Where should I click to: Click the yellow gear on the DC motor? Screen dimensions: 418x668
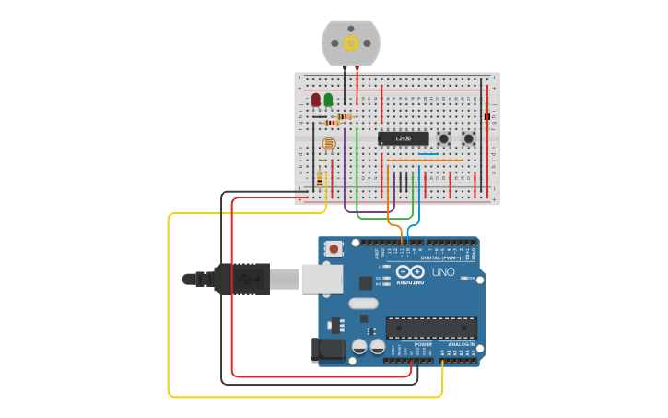pos(350,42)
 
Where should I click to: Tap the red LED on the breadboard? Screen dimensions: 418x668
pos(316,99)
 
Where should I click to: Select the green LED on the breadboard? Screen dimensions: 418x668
pos(328,99)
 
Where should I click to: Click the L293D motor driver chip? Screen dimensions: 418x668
pos(403,138)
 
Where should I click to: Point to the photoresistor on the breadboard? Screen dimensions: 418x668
pos(328,144)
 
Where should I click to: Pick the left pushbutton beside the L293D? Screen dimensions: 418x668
pos(444,138)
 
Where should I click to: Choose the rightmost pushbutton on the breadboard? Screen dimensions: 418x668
pos(468,138)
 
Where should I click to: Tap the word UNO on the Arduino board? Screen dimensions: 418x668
pos(443,273)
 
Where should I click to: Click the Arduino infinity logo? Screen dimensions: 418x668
pos(412,272)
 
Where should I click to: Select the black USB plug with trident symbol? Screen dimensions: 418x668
pos(241,278)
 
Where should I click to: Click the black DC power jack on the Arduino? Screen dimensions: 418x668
pos(328,350)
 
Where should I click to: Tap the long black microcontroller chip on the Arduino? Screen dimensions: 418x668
pos(431,327)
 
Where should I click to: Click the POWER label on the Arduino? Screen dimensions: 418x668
pos(423,344)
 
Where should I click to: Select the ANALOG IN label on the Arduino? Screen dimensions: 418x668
pos(461,344)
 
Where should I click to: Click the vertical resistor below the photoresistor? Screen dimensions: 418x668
pos(320,178)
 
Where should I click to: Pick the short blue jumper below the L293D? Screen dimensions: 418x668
pos(426,154)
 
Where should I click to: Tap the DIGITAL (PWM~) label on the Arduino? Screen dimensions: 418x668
pos(439,257)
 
